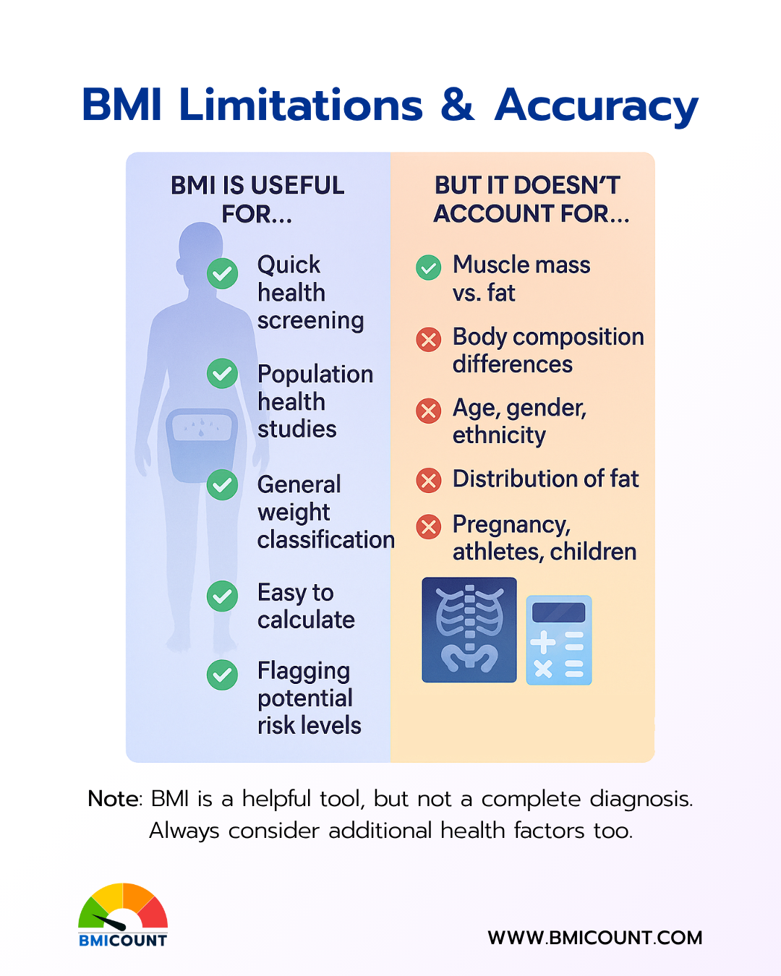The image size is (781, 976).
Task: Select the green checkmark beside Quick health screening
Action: pyautogui.click(x=222, y=273)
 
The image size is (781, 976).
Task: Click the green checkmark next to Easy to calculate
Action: pyautogui.click(x=222, y=596)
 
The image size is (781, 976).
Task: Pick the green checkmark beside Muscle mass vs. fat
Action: pyautogui.click(x=428, y=267)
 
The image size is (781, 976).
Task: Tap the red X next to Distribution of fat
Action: pyautogui.click(x=428, y=480)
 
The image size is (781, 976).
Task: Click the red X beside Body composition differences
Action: pyautogui.click(x=428, y=339)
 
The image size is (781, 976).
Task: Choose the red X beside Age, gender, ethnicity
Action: pyautogui.click(x=428, y=411)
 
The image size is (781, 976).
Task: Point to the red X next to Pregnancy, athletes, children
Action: pyautogui.click(x=428, y=526)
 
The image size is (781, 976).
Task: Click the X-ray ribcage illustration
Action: pyautogui.click(x=469, y=630)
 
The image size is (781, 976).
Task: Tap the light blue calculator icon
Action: pyautogui.click(x=559, y=640)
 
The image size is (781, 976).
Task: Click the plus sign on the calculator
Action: pyautogui.click(x=543, y=641)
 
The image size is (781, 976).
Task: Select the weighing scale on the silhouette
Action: pyautogui.click(x=202, y=445)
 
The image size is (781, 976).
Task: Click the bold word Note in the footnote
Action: pyautogui.click(x=113, y=799)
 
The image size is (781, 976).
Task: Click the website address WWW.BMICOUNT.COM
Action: pyautogui.click(x=595, y=938)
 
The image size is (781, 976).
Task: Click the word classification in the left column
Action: pyautogui.click(x=326, y=540)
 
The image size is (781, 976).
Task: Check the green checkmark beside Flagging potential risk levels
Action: pyautogui.click(x=222, y=675)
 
